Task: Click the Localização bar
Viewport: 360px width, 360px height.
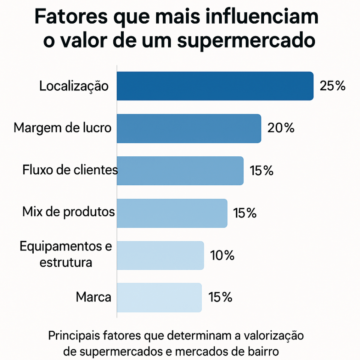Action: click(215, 86)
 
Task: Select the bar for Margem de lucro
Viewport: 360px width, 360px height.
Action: click(189, 128)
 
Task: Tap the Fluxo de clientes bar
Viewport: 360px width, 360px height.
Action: click(180, 171)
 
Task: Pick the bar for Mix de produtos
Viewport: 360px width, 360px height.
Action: click(172, 213)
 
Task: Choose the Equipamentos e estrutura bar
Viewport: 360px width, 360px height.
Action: click(160, 255)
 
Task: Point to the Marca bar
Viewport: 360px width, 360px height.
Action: click(159, 297)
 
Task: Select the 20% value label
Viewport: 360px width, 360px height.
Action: click(281, 128)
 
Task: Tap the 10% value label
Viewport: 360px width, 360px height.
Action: click(222, 256)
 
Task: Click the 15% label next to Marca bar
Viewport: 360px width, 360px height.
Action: click(220, 298)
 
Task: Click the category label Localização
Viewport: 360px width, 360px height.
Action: click(74, 86)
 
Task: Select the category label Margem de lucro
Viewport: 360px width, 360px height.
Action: click(63, 128)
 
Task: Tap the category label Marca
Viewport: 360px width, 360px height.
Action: click(93, 297)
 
